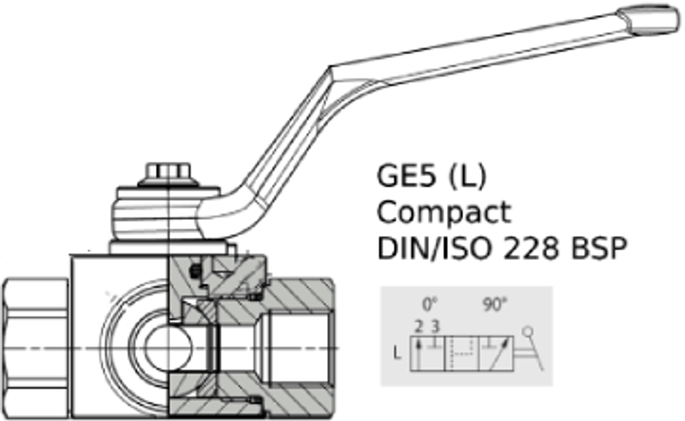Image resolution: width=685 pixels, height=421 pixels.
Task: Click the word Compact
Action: pyautogui.click(x=444, y=212)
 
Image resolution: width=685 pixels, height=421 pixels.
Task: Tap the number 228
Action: pyautogui.click(x=527, y=248)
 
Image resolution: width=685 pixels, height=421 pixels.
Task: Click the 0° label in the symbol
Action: pyautogui.click(x=429, y=304)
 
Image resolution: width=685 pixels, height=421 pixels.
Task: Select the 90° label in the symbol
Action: pyautogui.click(x=493, y=304)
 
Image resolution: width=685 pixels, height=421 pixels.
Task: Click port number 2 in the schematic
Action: pyautogui.click(x=419, y=326)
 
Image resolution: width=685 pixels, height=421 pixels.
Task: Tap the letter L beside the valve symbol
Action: pyautogui.click(x=397, y=354)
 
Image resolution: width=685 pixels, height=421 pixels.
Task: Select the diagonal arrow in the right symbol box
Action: pyautogui.click(x=499, y=353)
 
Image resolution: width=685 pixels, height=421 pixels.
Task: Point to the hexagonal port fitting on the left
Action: pyautogui.click(x=34, y=346)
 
